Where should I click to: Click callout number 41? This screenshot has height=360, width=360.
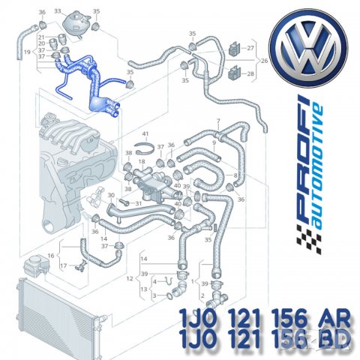click(145, 133)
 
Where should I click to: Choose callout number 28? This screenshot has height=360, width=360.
click(251, 73)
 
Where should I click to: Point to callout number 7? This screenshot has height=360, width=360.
click(217, 121)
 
